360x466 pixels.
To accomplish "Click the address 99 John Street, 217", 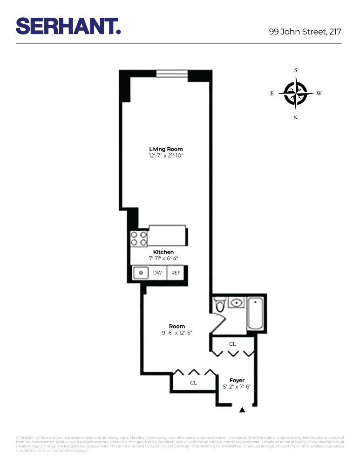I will (305, 32).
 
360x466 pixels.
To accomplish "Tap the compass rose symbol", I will (296, 93).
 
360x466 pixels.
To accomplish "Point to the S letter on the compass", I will (296, 70).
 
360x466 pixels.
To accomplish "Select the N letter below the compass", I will (296, 117).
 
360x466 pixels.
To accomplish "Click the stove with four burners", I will (139, 239).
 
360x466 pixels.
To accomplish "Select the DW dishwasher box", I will (157, 273).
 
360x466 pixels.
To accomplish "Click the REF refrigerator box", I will (176, 273).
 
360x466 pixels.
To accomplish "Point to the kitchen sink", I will (140, 272).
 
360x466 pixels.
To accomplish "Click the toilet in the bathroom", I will (220, 306).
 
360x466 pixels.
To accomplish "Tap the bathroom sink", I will (237, 303).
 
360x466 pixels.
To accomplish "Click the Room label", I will (177, 326).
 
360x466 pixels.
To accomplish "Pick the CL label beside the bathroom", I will (232, 344).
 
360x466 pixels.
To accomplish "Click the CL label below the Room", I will (193, 383).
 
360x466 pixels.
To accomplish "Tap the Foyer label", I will (237, 380).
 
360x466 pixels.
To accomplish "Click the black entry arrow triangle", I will (242, 410).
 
